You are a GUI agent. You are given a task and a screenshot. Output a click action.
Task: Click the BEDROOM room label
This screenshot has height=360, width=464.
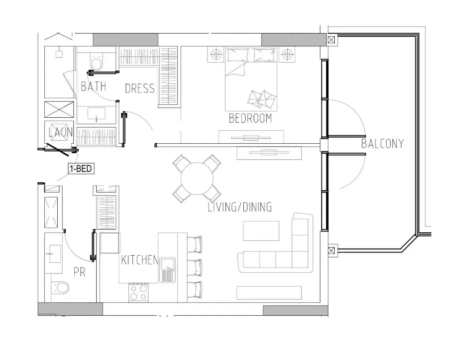(x=251, y=118)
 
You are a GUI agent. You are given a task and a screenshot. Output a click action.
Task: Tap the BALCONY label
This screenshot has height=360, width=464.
(x=382, y=144)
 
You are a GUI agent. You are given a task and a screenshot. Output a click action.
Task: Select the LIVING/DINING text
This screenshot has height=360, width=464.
(x=240, y=207)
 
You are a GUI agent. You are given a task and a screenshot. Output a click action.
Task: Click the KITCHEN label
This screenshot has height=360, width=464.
(x=140, y=260)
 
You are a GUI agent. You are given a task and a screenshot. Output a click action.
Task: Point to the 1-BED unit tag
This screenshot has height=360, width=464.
(x=81, y=169)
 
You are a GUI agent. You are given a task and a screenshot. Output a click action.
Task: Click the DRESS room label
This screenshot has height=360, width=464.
(x=140, y=89)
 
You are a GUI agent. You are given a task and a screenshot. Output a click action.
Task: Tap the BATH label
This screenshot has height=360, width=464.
(x=94, y=86)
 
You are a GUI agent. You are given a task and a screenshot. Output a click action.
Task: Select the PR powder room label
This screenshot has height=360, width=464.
(x=80, y=272)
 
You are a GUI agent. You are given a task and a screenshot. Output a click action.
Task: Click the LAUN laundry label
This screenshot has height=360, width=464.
(x=61, y=132)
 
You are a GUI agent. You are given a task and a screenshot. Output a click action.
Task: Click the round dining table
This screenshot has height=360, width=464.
(x=197, y=179)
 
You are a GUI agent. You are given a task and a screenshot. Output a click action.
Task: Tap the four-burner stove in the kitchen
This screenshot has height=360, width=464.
(x=139, y=292)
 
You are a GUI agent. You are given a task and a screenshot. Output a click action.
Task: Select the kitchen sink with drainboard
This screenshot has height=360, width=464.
(x=167, y=270)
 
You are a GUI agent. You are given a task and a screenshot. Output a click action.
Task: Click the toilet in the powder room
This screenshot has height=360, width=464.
(x=60, y=287)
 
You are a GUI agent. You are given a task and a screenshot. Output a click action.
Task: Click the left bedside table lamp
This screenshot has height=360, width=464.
(x=216, y=55)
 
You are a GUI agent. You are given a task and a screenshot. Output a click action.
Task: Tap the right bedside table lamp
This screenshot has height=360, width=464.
(x=286, y=55)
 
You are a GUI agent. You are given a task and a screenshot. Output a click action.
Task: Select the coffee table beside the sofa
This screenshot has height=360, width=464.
(x=261, y=231)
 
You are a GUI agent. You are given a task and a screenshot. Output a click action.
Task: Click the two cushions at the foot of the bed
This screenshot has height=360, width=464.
(x=262, y=99)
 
